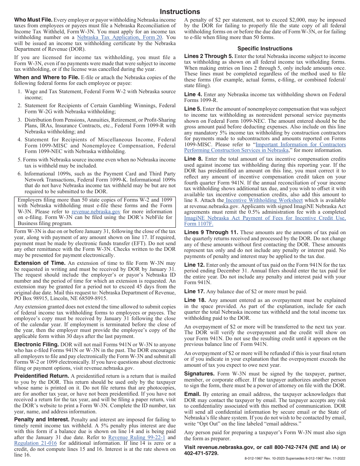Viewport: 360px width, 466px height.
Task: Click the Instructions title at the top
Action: (180, 12)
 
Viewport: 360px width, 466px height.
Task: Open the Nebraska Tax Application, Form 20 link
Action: (120, 38)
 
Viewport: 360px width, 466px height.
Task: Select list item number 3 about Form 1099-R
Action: (100, 126)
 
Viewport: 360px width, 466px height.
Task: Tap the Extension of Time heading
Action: (40, 263)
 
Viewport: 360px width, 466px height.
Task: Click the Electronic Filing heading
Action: (36, 344)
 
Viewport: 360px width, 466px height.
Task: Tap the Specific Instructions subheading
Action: (265, 48)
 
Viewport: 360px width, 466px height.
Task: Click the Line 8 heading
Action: (194, 159)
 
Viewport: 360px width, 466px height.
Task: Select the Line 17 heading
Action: (194, 291)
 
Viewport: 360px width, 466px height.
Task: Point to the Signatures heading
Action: (199, 374)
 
